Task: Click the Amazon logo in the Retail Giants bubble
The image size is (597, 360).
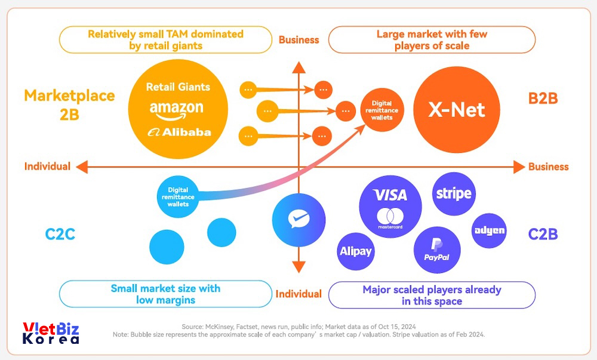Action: pos(177,109)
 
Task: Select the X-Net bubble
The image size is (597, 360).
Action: pos(457,109)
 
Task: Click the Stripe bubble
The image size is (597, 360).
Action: pos(454,193)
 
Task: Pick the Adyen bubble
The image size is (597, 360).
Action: pos(489,230)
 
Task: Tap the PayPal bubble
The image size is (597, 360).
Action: pos(437,250)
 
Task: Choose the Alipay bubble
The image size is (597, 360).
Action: pos(356,251)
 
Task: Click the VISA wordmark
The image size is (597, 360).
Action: pos(390,195)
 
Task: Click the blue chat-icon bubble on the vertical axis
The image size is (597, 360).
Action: pos(298,220)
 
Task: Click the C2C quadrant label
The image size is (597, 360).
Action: pos(60,234)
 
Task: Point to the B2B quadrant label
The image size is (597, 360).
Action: pos(543,98)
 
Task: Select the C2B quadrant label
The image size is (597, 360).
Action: pos(543,234)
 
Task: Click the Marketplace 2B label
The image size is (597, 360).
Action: pos(69,104)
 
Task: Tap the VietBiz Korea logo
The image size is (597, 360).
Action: pos(51,333)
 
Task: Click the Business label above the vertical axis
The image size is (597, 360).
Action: pos(298,40)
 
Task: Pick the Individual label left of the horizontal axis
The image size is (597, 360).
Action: pos(47,167)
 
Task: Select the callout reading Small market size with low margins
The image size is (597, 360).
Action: pos(165,294)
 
